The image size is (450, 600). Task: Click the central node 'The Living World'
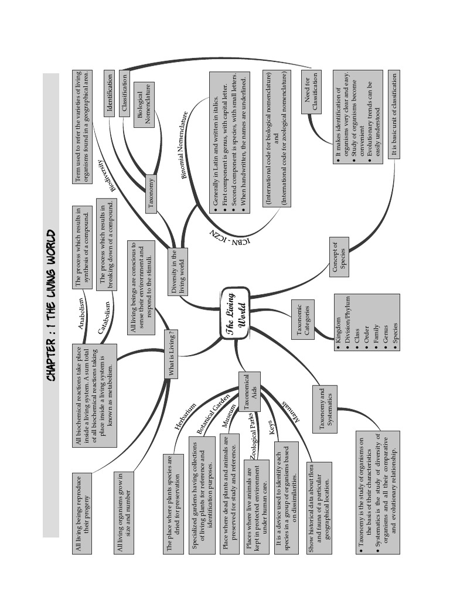[x=236, y=313]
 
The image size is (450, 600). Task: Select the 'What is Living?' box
[x=172, y=353]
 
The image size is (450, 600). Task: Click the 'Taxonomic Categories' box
[x=302, y=319]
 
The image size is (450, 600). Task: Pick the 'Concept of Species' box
[x=339, y=257]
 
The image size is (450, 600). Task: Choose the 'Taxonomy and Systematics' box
[x=325, y=408]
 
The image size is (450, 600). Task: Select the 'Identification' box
[x=110, y=94]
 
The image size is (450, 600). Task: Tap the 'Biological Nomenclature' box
[x=144, y=104]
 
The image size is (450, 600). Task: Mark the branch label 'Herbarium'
[x=185, y=417]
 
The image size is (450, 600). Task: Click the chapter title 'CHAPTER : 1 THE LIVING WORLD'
[x=52, y=305]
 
